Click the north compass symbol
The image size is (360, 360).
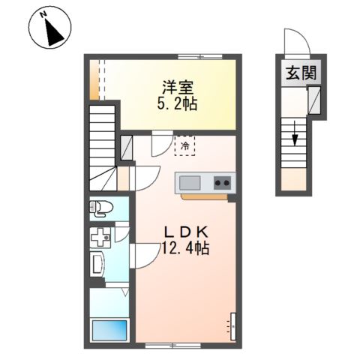(50, 27)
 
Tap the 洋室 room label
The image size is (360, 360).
(178, 88)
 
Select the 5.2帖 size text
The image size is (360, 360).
(177, 104)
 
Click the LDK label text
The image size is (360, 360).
(186, 232)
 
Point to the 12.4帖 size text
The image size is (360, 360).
(186, 248)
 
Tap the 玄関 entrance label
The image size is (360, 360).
(301, 73)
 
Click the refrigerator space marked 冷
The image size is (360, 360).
(184, 145)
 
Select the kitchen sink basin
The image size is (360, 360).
(190, 183)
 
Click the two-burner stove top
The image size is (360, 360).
(222, 183)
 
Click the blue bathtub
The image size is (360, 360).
(109, 331)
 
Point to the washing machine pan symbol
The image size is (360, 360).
(100, 237)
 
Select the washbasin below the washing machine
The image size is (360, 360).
(97, 264)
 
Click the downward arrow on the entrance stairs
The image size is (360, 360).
(295, 133)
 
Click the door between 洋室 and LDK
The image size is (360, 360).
(162, 143)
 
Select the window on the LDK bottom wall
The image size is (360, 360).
(173, 346)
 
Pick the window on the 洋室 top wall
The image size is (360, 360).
(200, 57)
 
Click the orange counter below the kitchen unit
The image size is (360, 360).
(205, 197)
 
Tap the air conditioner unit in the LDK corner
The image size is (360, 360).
(233, 326)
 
